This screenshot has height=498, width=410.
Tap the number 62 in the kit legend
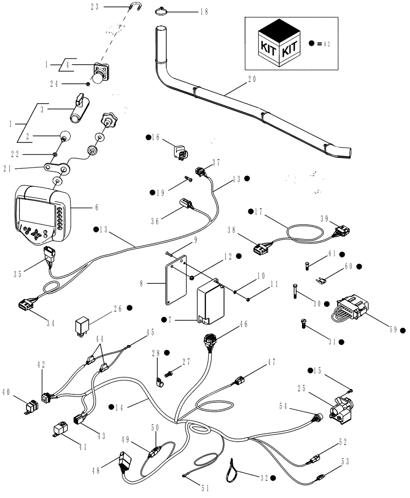pos(327,44)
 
